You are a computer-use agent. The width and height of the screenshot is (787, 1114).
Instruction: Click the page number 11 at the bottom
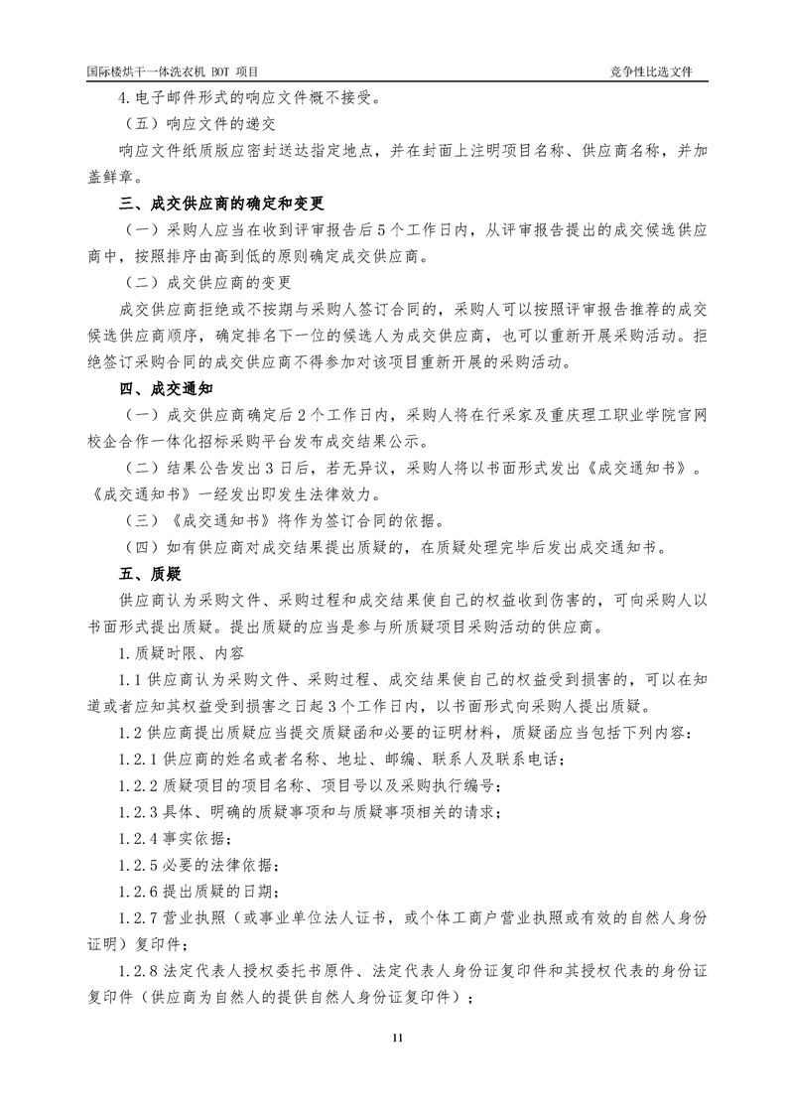393,1038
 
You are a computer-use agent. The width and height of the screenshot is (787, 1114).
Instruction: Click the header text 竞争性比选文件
651,72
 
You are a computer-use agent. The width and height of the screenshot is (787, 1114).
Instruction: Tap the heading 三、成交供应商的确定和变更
221,205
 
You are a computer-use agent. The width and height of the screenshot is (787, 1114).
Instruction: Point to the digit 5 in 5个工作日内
390,230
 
